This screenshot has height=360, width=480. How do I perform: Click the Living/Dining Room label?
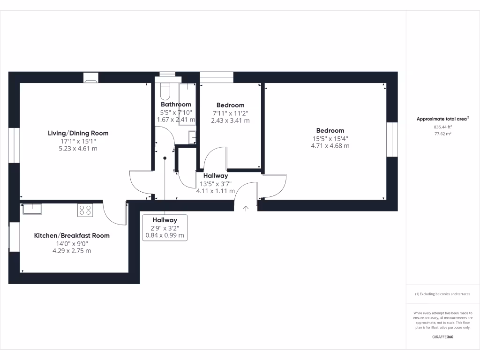[x=78, y=133]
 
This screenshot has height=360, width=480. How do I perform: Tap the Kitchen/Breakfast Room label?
[x=72, y=235]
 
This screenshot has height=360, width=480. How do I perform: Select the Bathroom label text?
[x=176, y=104]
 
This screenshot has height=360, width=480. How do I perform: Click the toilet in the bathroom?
[x=165, y=89]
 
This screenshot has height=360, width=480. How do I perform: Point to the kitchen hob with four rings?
[x=85, y=210]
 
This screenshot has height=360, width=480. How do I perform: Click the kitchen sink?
[x=32, y=208]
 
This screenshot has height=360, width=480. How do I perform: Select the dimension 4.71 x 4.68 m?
[x=330, y=146]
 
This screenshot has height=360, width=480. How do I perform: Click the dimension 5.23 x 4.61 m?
[x=78, y=149]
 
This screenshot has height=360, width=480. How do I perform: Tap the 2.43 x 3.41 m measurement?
[x=230, y=120]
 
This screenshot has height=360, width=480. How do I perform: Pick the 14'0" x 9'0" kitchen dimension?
[x=72, y=243]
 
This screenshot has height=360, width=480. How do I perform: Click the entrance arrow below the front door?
[x=246, y=208]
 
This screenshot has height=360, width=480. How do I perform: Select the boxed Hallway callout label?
[x=165, y=220]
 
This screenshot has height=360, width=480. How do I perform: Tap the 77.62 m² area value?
[x=442, y=134]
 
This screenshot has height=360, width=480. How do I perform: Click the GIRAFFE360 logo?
[x=442, y=337]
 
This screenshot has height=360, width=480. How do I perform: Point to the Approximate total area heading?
[x=442, y=119]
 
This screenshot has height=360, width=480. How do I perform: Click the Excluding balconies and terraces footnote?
[x=442, y=294]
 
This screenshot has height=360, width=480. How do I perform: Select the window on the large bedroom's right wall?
[x=392, y=140]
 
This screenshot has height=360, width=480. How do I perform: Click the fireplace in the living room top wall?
[x=90, y=77]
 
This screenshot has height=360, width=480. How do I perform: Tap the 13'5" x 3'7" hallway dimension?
[x=216, y=183]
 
